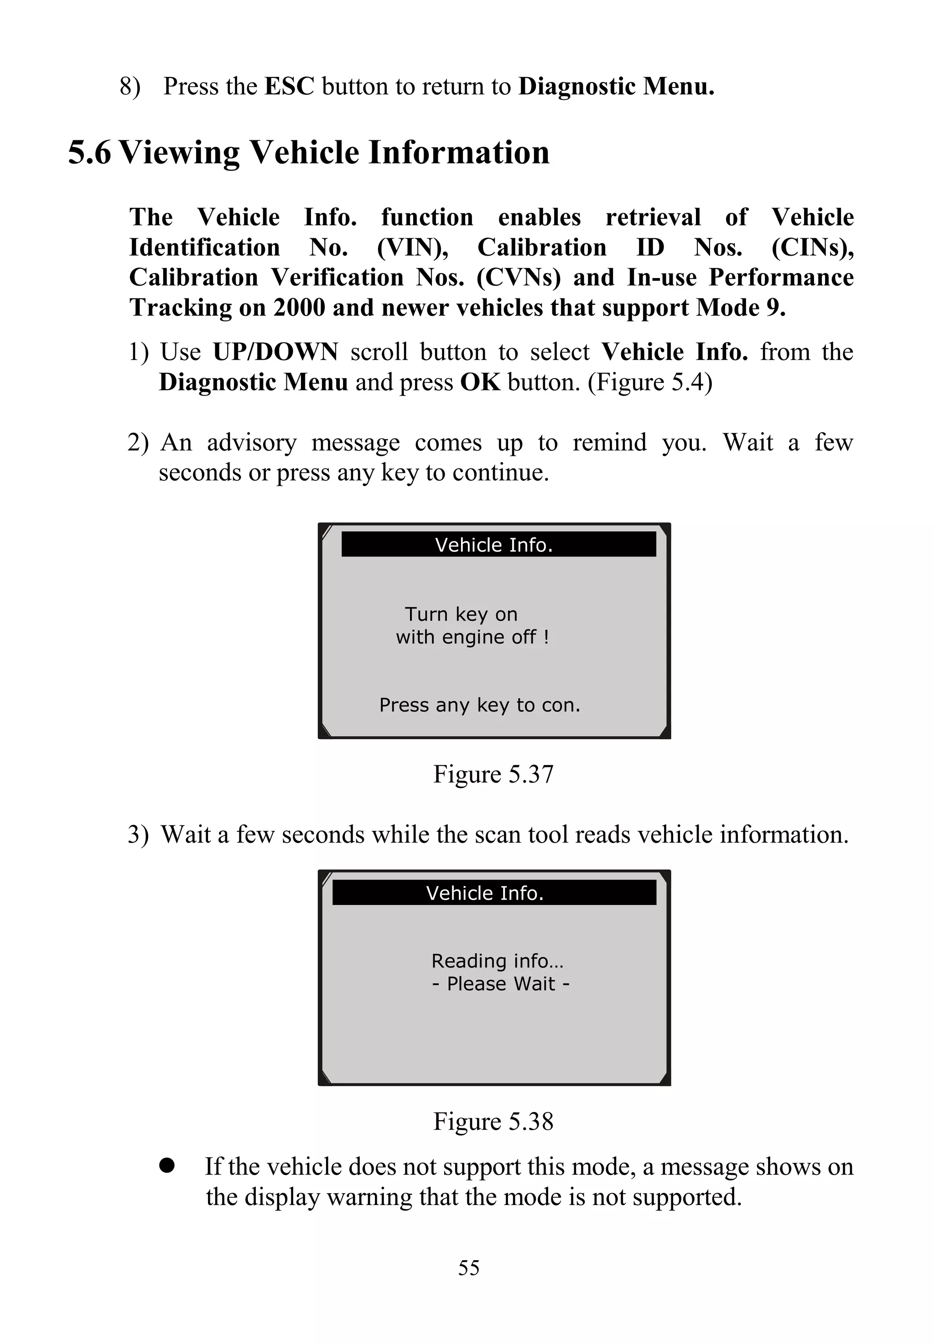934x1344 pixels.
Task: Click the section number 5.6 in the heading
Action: pyautogui.click(x=89, y=153)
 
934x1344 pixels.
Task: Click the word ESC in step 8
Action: pyautogui.click(x=289, y=87)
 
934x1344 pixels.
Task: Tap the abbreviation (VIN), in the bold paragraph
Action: pyautogui.click(x=413, y=248)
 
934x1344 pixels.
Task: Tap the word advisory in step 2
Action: pyautogui.click(x=252, y=443)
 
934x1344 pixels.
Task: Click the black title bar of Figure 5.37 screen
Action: pyautogui.click(x=498, y=545)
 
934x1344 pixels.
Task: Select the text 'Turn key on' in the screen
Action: pyautogui.click(x=461, y=614)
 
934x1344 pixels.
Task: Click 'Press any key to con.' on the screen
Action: pyautogui.click(x=479, y=705)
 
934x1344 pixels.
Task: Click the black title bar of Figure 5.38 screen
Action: pyautogui.click(x=493, y=892)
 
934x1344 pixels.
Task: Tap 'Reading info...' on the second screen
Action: pyautogui.click(x=497, y=961)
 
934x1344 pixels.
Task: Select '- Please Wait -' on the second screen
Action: pyautogui.click(x=500, y=984)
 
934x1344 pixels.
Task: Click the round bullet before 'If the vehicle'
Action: pyautogui.click(x=167, y=1166)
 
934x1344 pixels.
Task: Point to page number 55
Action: pyautogui.click(x=469, y=1268)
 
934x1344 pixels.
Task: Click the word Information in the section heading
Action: pyautogui.click(x=458, y=153)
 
